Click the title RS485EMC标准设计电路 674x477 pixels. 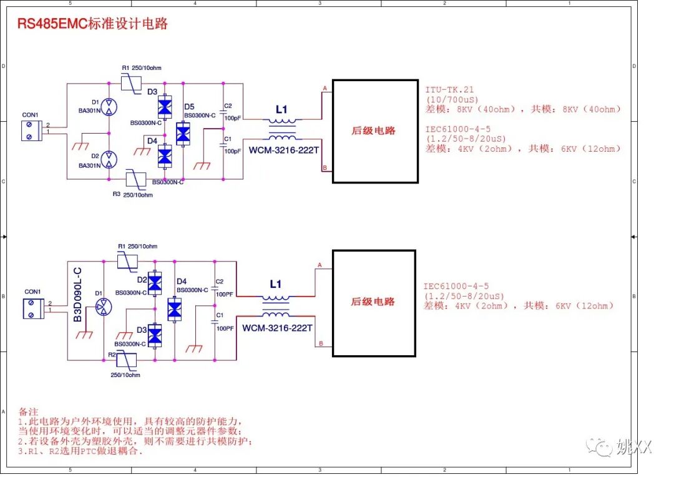coord(92,24)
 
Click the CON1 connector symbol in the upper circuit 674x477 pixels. coord(29,130)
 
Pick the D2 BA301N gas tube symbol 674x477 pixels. coord(109,160)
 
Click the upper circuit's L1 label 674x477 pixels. coord(281,110)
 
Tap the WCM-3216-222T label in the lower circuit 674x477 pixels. coord(277,328)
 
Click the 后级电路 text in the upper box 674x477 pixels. coord(374,130)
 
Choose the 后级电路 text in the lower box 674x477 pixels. coord(373,302)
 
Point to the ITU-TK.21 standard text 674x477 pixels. coord(449,90)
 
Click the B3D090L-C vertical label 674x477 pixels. coord(77,295)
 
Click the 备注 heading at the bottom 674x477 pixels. coord(29,412)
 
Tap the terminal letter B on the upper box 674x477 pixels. coord(325,167)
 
